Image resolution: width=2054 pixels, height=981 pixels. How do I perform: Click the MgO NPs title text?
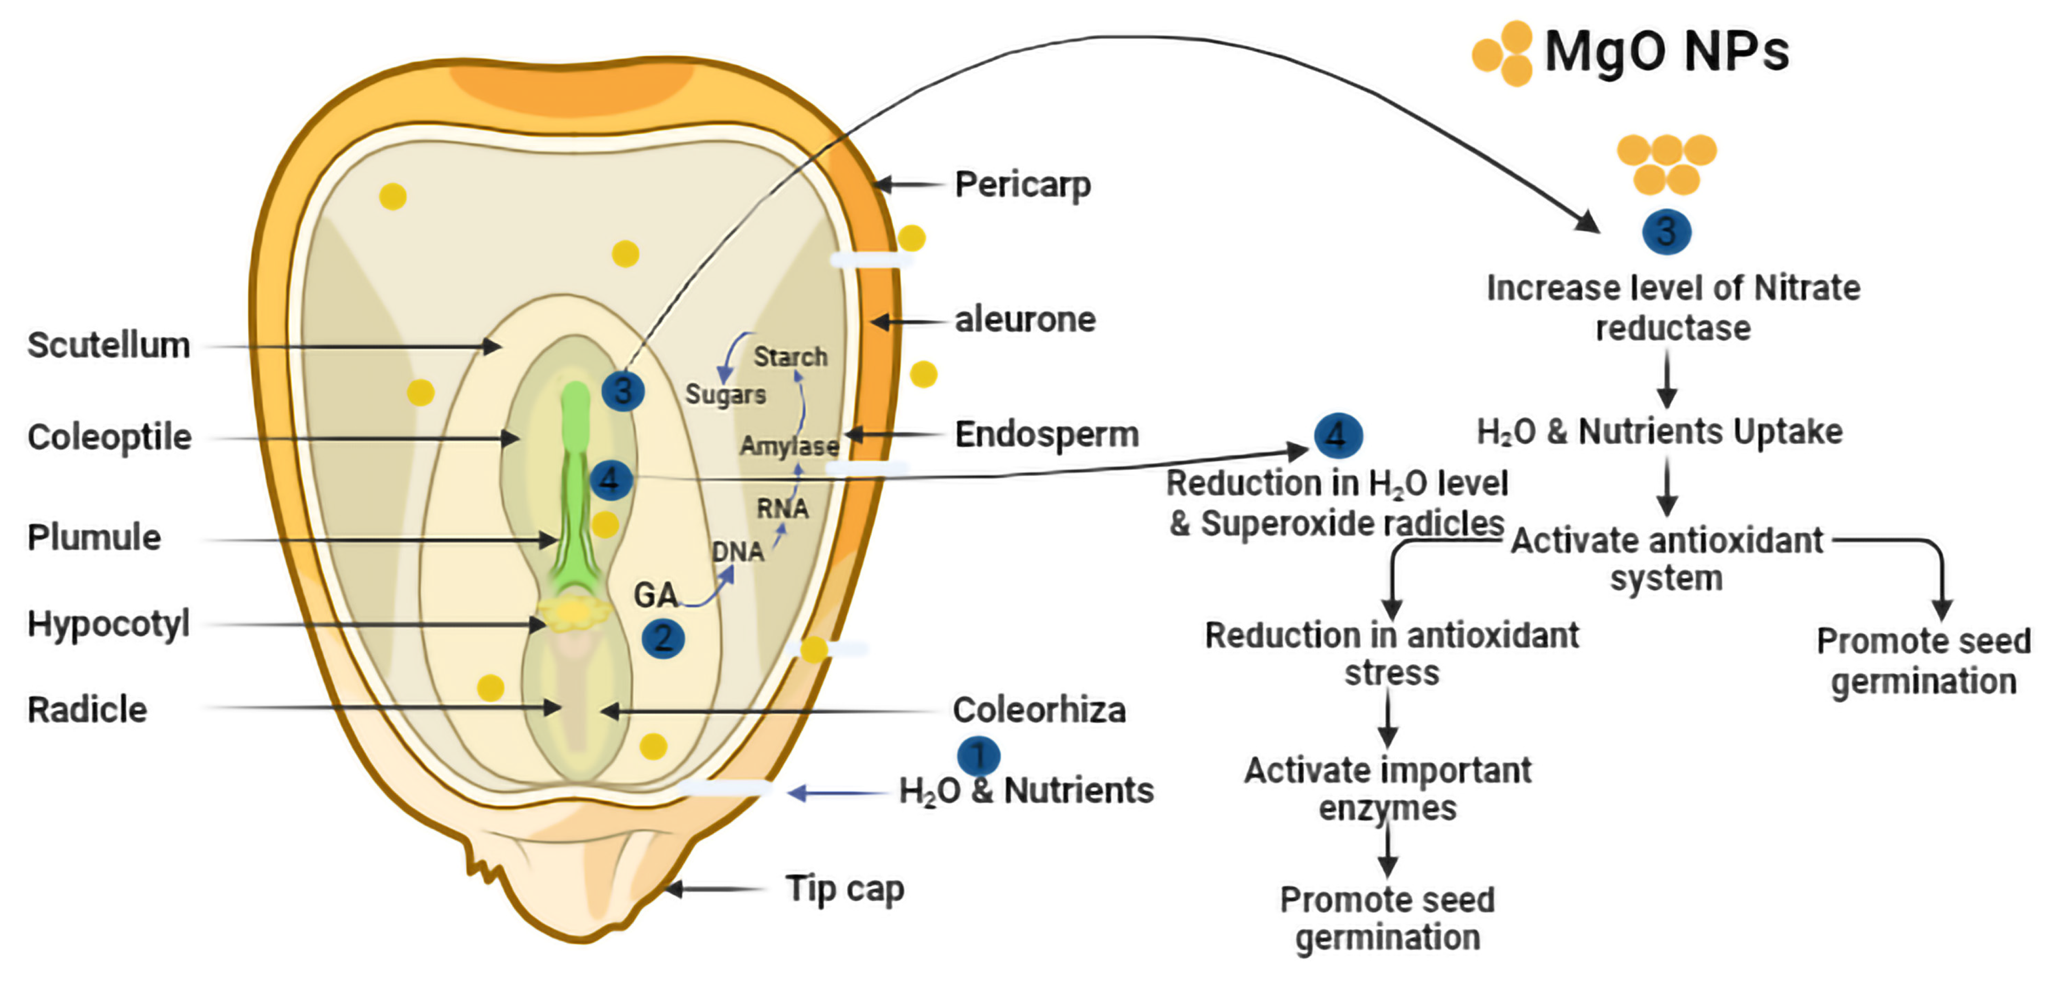(1666, 51)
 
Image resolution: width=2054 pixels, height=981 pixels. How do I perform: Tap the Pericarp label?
(1022, 185)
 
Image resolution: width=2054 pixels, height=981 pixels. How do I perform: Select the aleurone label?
(1025, 320)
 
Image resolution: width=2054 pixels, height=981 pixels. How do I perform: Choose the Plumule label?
(94, 537)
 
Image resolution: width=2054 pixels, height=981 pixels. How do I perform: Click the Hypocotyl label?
(108, 623)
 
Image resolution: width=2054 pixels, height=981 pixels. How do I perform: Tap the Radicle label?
(88, 709)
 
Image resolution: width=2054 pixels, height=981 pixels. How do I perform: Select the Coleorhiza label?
(1039, 709)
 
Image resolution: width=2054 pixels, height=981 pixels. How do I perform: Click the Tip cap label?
(845, 888)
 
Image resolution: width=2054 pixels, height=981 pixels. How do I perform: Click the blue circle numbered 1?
(978, 755)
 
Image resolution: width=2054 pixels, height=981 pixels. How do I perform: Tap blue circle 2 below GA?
(662, 638)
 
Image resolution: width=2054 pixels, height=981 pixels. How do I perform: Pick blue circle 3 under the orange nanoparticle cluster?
(1666, 232)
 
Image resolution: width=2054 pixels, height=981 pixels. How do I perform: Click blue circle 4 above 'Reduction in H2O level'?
(1338, 435)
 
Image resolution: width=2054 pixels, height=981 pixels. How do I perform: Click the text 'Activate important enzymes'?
(1388, 789)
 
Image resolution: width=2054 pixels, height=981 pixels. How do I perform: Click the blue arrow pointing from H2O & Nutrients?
(837, 793)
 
